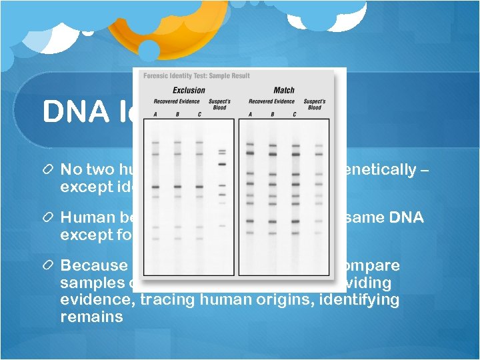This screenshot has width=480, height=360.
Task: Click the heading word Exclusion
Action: pos(189,91)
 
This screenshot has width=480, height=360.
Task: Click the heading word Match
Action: pos(284,91)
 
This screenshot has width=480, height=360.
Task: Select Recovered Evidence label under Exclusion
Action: pos(177,102)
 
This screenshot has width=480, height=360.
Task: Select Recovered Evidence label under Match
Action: pos(271,102)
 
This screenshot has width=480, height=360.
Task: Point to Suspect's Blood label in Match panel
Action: pos(315,105)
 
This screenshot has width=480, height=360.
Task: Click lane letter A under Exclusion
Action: pos(155,114)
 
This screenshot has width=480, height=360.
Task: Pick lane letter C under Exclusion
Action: pos(199,114)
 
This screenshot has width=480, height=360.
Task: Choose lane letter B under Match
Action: pos(272,114)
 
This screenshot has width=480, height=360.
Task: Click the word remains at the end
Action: pos(91,317)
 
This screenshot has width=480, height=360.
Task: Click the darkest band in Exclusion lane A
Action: pos(155,187)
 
